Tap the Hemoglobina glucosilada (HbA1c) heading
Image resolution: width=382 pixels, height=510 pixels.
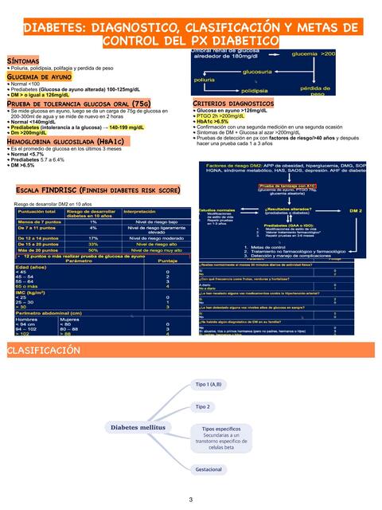[64, 141]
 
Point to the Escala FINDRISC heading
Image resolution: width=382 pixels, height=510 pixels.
[98, 191]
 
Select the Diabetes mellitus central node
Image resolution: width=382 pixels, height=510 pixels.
[138, 427]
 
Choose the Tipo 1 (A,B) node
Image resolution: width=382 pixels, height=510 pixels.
[209, 384]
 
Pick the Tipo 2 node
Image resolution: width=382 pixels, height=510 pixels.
[203, 406]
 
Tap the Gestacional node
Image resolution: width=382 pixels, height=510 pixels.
[209, 469]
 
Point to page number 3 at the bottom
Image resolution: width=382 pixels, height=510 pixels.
[190, 500]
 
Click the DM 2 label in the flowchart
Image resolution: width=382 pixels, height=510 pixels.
[356, 210]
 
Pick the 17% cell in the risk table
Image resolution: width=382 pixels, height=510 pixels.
[92, 237]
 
